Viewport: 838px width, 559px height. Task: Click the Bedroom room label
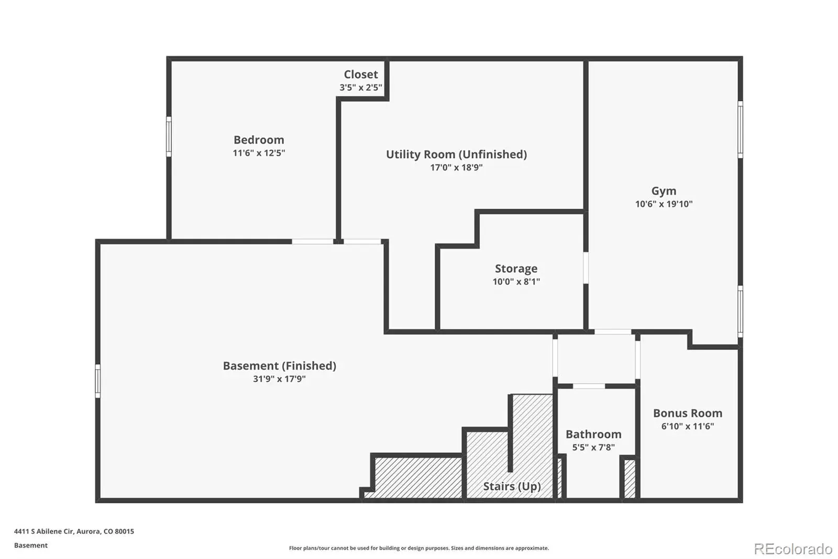(x=259, y=140)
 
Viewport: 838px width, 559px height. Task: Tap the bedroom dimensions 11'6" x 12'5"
(x=259, y=153)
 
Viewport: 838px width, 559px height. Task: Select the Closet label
(x=361, y=74)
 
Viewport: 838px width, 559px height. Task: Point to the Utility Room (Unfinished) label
(x=456, y=155)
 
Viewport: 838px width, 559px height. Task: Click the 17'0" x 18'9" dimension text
(x=456, y=168)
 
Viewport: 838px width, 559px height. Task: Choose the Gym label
(x=664, y=191)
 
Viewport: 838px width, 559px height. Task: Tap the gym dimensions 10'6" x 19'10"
(x=664, y=204)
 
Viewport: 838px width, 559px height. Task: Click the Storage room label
(x=516, y=268)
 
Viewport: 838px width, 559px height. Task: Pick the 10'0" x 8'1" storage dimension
(x=516, y=282)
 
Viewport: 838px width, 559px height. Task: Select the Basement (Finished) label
(x=279, y=366)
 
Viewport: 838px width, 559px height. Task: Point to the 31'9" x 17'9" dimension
(x=279, y=379)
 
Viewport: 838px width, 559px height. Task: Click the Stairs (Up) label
(x=512, y=487)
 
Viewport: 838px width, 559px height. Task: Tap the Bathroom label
(x=593, y=435)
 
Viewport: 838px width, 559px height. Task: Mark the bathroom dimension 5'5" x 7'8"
(x=593, y=448)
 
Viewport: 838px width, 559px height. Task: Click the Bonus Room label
(x=687, y=414)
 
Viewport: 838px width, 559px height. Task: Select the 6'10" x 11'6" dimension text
(x=687, y=426)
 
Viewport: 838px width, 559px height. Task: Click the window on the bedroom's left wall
(x=169, y=136)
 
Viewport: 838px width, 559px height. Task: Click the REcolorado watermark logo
(x=793, y=549)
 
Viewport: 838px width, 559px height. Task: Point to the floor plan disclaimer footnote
(x=419, y=549)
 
